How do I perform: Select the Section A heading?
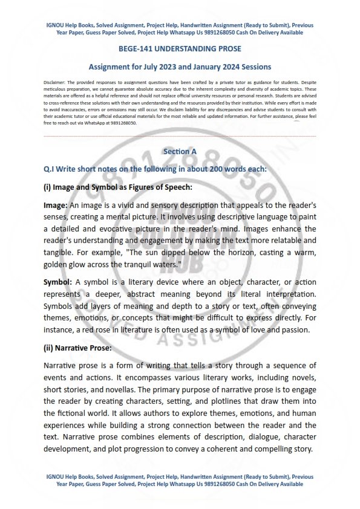(x=180, y=151)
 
